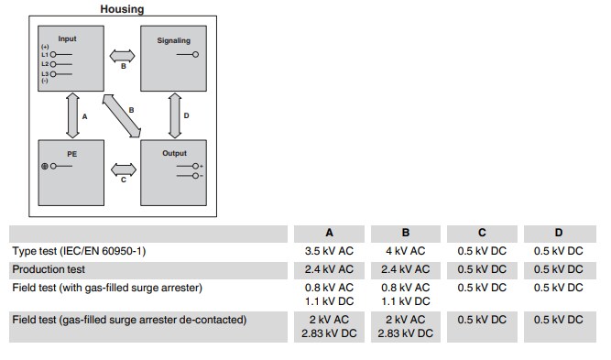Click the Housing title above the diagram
[121, 9]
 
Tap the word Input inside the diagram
[68, 39]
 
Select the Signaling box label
[173, 40]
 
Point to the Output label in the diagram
[174, 153]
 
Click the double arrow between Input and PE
[70, 115]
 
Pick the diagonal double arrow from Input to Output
[121, 115]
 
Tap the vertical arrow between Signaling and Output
[174, 115]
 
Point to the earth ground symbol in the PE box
[43, 166]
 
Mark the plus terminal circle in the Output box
[195, 166]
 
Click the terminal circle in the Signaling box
[195, 55]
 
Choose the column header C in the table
[482, 233]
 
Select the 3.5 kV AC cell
[329, 251]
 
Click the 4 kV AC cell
[406, 251]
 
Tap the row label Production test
[49, 269]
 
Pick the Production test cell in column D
[558, 269]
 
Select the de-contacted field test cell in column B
[406, 326]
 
